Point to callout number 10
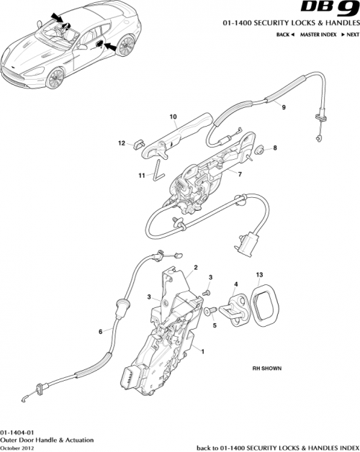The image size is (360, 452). tap(173, 116)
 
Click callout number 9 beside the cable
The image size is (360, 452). tap(283, 107)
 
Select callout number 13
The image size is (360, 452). tap(259, 275)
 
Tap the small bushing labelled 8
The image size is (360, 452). tap(257, 150)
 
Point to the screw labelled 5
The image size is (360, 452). tap(208, 312)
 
